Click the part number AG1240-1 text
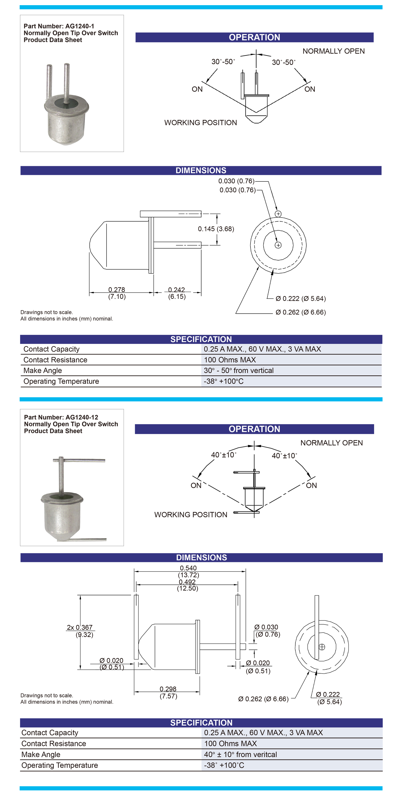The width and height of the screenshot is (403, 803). click(59, 26)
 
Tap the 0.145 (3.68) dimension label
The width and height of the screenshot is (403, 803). click(216, 229)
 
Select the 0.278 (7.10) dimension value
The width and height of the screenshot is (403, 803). click(117, 293)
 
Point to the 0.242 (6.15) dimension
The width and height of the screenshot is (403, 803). click(177, 293)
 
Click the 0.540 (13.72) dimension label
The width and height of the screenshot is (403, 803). click(188, 571)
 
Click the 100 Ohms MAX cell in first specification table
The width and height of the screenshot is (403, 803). click(230, 360)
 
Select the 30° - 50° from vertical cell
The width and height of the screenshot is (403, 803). click(239, 370)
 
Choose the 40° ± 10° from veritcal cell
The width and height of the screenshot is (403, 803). click(240, 754)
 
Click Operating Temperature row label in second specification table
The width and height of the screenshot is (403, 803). click(60, 765)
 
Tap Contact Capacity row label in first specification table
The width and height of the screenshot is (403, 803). click(51, 349)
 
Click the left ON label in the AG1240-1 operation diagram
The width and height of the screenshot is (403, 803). click(197, 89)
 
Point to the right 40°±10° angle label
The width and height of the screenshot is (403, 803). click(284, 456)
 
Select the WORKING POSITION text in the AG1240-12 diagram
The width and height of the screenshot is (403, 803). click(191, 515)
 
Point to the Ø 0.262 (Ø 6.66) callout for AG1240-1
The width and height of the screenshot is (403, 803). click(301, 312)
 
